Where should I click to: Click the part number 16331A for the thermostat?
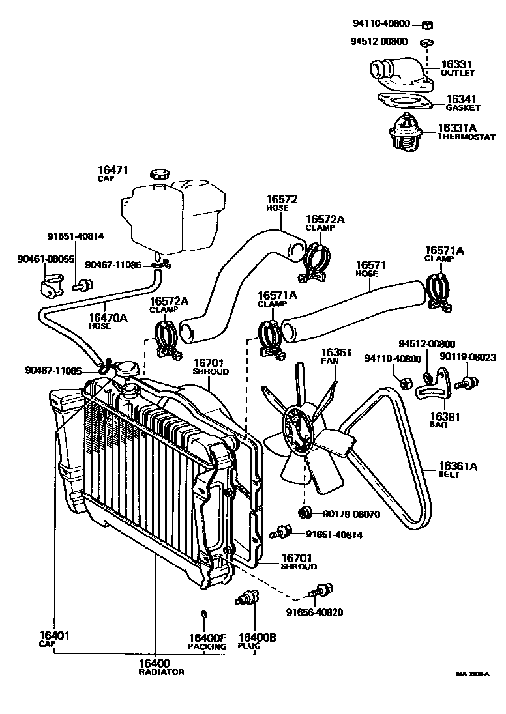click(458, 128)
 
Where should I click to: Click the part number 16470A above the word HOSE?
click(107, 317)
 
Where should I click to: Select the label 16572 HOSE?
click(282, 199)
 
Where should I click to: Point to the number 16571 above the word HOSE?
click(371, 265)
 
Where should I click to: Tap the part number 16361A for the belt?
click(458, 466)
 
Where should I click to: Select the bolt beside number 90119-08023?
click(467, 382)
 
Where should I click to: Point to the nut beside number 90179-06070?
click(304, 511)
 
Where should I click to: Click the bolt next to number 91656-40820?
click(319, 592)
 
